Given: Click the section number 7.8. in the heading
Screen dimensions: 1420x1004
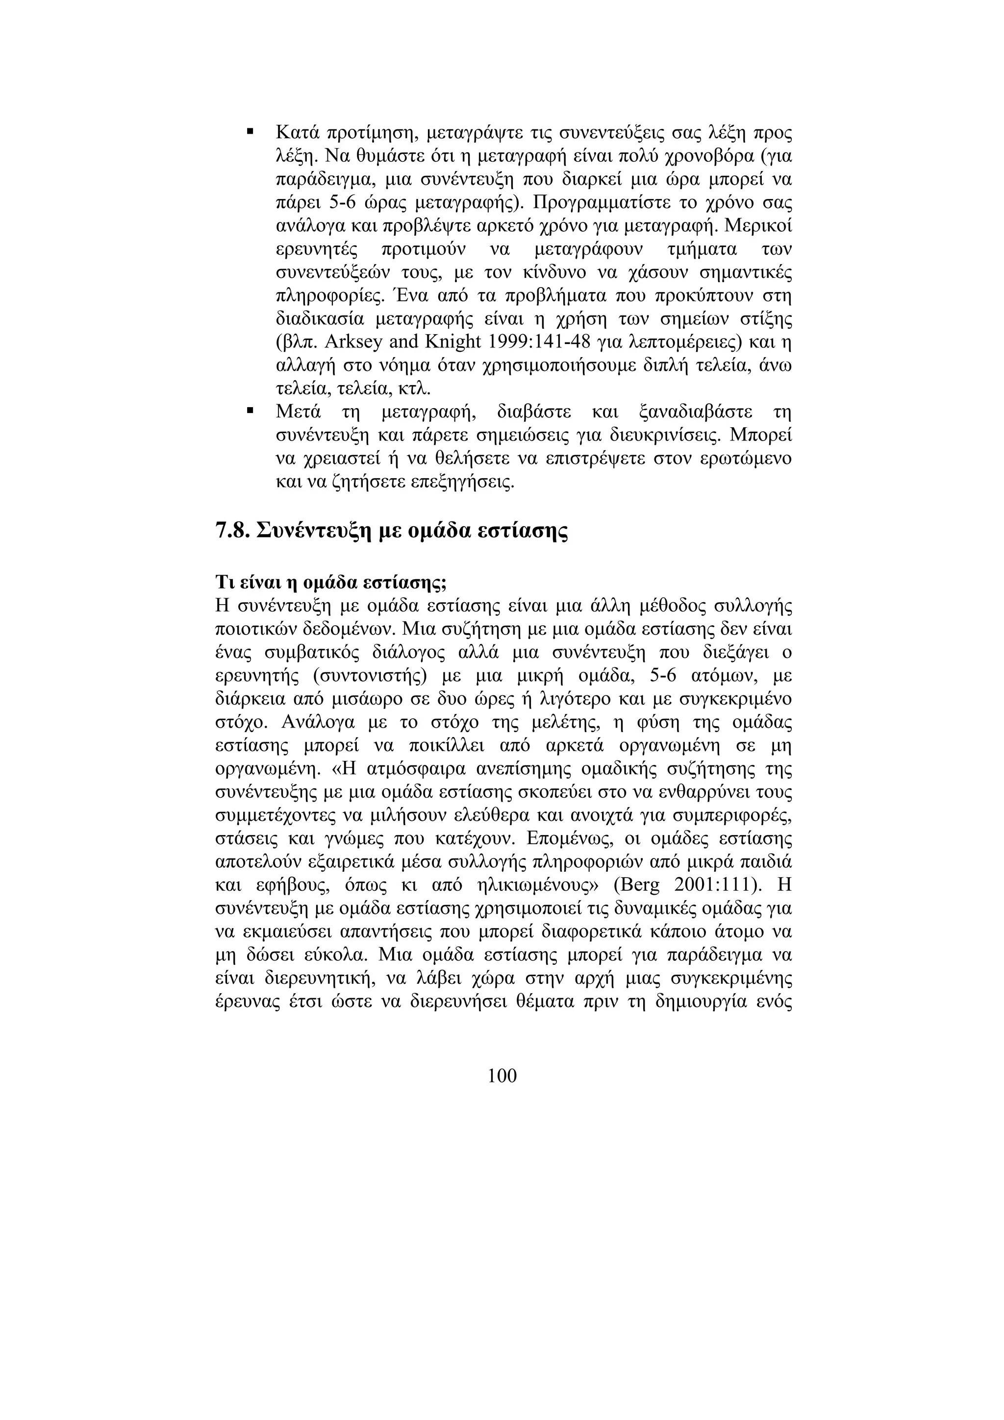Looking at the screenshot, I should point(232,530).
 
